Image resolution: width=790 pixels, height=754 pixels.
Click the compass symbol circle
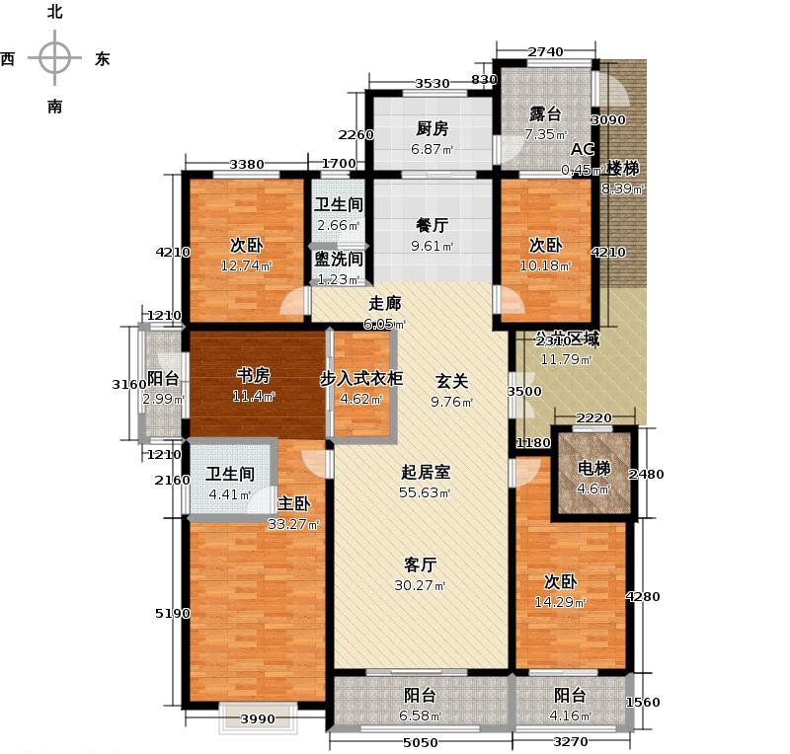point(54,58)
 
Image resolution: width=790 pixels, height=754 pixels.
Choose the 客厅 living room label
point(421,565)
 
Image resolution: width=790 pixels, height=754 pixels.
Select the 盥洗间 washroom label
point(339,260)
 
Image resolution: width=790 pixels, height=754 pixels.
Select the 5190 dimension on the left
point(172,614)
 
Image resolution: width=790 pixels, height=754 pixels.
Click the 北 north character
point(54,13)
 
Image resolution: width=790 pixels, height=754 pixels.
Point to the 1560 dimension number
point(643,703)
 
